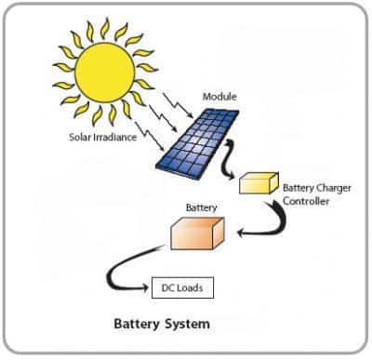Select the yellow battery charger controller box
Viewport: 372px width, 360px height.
(x=259, y=183)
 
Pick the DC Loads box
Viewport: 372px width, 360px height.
(x=182, y=287)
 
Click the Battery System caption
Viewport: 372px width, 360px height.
(x=161, y=325)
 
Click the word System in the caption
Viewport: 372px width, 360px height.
(x=186, y=325)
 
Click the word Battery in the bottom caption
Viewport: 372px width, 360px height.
(x=137, y=325)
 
